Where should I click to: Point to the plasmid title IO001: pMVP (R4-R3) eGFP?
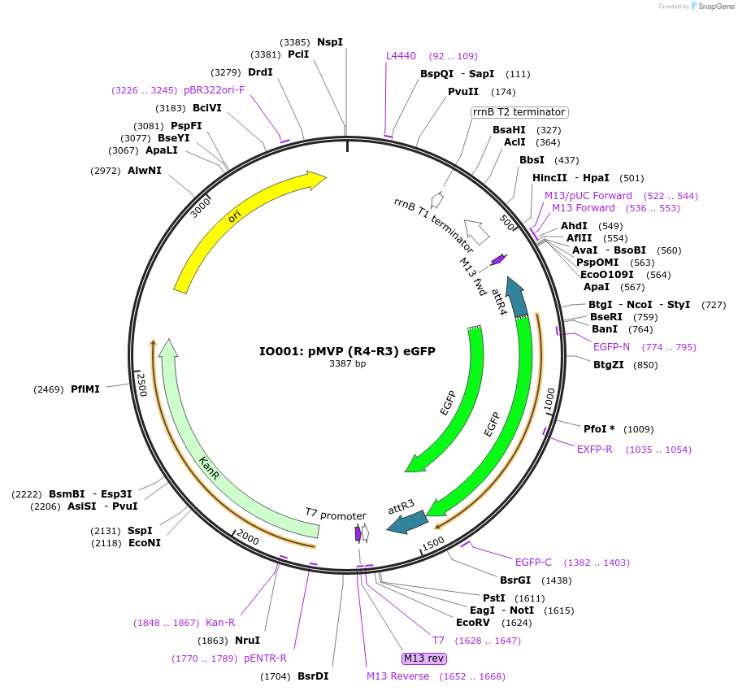pos(347,351)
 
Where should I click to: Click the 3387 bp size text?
pos(347,363)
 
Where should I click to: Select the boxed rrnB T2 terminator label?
pos(519,112)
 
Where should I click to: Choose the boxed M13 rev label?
pos(423,658)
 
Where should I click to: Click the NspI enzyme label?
pos(330,41)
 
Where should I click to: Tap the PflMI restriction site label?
pos(85,389)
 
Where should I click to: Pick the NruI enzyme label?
pos(247,640)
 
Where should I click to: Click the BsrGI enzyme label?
pos(515,580)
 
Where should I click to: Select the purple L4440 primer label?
pos(401,56)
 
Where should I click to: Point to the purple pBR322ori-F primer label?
pos(214,89)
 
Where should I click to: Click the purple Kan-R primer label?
pos(220,622)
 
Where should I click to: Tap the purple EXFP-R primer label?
pos(595,449)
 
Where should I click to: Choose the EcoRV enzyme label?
pos(472,622)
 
